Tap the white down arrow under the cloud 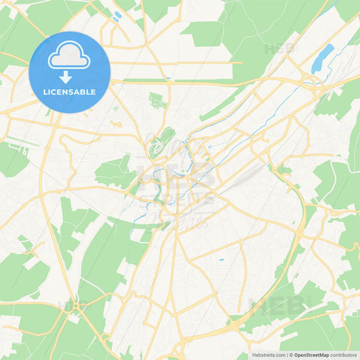coord(70,77)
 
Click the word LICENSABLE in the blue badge coord(70,92)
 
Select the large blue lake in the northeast coord(323,58)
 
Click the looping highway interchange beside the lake coord(313,84)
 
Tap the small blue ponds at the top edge coord(118,15)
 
